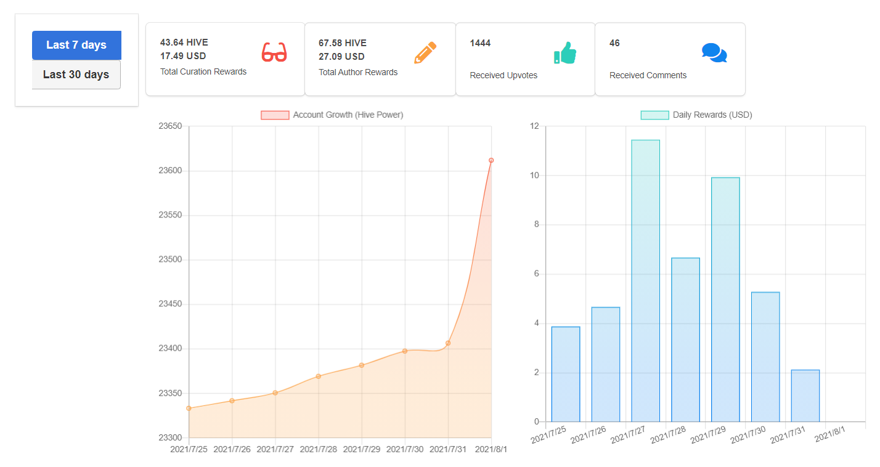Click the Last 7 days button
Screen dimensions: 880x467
coord(76,45)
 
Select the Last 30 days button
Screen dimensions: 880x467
coord(76,75)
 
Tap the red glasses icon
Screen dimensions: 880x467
coord(274,52)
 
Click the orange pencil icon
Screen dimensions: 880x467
coord(425,52)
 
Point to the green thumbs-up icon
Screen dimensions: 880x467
coord(565,52)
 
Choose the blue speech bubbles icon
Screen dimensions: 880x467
coord(714,52)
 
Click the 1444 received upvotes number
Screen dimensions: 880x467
coord(480,43)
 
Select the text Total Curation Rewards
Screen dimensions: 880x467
coord(203,71)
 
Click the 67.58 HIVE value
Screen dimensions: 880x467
coord(343,43)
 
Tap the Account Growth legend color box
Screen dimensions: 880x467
coord(275,115)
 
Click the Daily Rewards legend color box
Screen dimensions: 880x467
coord(655,115)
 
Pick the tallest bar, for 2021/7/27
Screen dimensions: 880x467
coord(645,281)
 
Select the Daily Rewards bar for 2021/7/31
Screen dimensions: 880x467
coord(805,396)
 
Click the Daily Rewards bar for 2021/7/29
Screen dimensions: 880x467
coord(725,299)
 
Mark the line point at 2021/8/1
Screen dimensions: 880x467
coord(491,160)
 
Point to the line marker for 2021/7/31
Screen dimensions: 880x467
coord(448,343)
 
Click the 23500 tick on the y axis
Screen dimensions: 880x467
coord(170,259)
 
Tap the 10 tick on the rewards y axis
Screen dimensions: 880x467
coord(534,175)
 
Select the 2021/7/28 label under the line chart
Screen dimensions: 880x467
coord(318,449)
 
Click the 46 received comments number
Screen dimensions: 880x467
coord(614,43)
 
